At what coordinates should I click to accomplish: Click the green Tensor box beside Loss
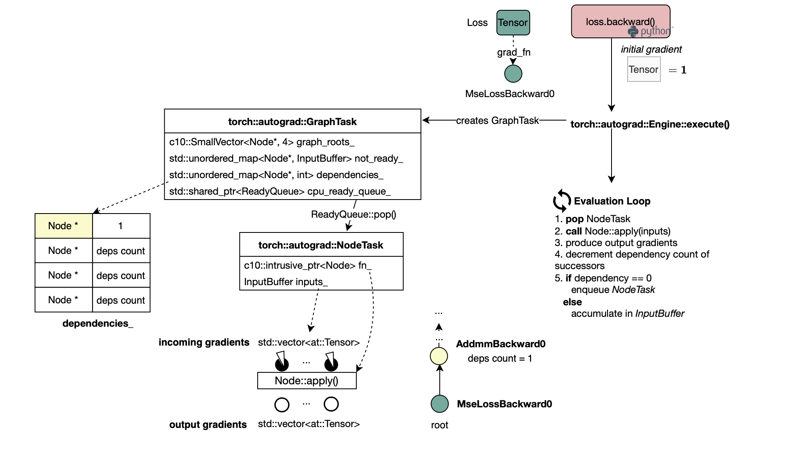pos(513,23)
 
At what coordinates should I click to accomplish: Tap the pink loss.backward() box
pos(621,21)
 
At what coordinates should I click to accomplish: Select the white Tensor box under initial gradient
pos(644,70)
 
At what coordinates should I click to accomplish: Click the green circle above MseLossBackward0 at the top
pos(513,74)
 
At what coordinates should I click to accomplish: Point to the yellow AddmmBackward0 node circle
pos(439,356)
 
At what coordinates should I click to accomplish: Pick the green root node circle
pos(439,404)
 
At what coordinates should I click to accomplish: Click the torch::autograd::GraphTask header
pos(292,121)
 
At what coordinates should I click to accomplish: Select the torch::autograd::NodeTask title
pos(321,245)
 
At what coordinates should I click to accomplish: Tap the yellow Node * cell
pos(64,226)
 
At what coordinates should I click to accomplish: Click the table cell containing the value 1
pos(121,226)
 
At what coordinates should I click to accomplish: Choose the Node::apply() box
pos(307,381)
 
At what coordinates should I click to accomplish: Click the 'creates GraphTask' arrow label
pos(497,121)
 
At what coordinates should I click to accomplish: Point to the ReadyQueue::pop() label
pos(353,214)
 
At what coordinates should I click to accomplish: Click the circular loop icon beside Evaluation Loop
pos(562,201)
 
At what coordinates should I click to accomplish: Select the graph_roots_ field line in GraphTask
pos(262,142)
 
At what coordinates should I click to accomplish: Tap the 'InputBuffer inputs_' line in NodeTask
pos(286,282)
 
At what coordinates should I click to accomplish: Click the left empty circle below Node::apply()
pos(282,404)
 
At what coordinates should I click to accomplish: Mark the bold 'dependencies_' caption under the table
pos(98,323)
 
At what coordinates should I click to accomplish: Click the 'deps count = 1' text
pos(500,358)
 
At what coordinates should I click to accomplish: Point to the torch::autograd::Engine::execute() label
pos(650,124)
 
